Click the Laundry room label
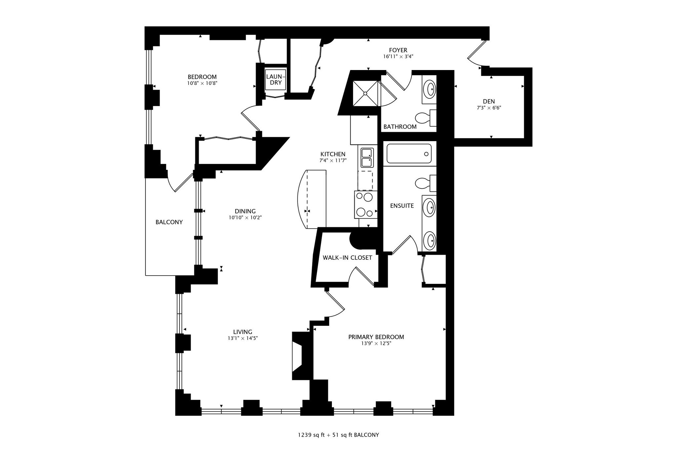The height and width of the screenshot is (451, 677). (x=276, y=80)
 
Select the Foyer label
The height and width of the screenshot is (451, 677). (x=398, y=50)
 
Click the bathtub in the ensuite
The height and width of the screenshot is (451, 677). (x=409, y=154)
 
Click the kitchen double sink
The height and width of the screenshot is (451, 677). (x=367, y=158)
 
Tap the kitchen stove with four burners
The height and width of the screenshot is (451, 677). (x=366, y=205)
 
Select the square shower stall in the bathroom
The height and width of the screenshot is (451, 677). (x=365, y=94)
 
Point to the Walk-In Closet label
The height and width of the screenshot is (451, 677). (x=347, y=258)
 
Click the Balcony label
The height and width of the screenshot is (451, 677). (x=169, y=222)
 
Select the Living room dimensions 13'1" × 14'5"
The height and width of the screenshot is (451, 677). (x=243, y=338)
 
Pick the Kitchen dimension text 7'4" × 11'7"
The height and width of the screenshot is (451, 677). (x=333, y=161)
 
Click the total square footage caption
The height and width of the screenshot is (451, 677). (x=338, y=435)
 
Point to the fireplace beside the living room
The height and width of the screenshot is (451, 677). (x=301, y=356)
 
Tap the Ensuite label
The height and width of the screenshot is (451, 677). (x=402, y=206)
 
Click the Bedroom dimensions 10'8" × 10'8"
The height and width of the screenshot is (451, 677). (x=202, y=83)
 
